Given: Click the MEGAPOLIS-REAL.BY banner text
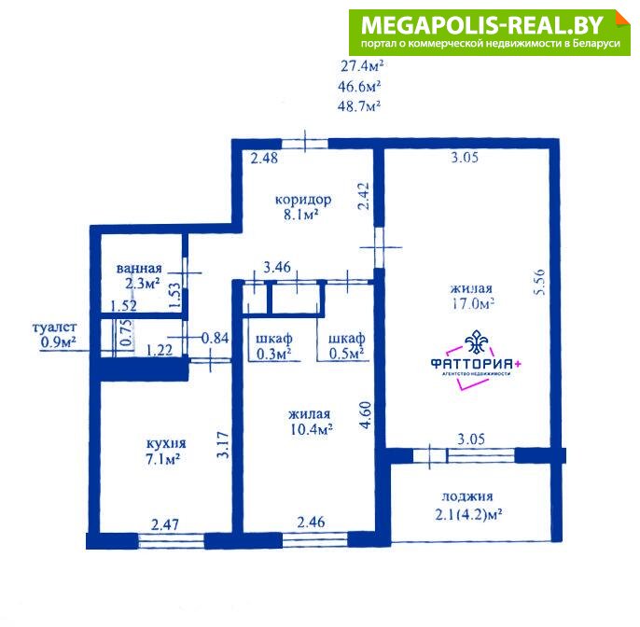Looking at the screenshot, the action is pyautogui.click(x=482, y=25).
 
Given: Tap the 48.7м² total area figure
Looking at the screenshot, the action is pyautogui.click(x=359, y=106).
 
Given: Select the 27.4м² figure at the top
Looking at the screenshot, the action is pyautogui.click(x=362, y=65).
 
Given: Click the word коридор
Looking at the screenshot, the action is pyautogui.click(x=303, y=200).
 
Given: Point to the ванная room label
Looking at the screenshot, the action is pyautogui.click(x=139, y=269).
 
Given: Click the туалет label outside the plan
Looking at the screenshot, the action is pyautogui.click(x=54, y=327).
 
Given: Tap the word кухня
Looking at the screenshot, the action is pyautogui.click(x=166, y=443).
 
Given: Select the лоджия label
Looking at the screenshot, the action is pyautogui.click(x=467, y=496).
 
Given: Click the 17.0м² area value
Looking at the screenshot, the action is pyautogui.click(x=472, y=304).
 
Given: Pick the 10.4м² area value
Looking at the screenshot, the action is pyautogui.click(x=310, y=429).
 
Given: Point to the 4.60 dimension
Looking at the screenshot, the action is pyautogui.click(x=366, y=414).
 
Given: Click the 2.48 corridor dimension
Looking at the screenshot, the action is pyautogui.click(x=264, y=158).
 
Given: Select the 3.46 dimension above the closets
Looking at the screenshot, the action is pyautogui.click(x=277, y=268).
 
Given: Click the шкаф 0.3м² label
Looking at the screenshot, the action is pyautogui.click(x=274, y=346).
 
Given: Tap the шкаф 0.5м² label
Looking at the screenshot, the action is pyautogui.click(x=346, y=346).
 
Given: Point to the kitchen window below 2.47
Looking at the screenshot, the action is pyautogui.click(x=171, y=541).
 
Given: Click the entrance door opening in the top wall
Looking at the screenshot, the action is pyautogui.click(x=305, y=144).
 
